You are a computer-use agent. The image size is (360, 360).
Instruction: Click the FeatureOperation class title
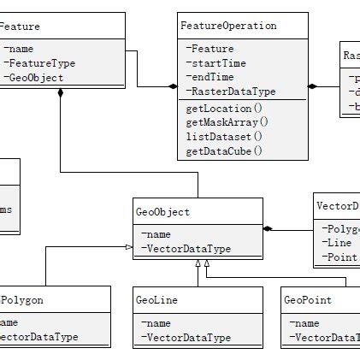[x=229, y=27]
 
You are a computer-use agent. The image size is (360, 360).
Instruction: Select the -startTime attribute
[x=215, y=63]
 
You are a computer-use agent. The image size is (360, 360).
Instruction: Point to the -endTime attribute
[x=210, y=77]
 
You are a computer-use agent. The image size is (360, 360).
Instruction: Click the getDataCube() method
[x=223, y=150]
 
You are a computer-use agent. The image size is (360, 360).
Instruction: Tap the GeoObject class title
[x=162, y=211]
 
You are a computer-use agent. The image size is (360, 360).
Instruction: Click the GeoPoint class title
[x=306, y=300]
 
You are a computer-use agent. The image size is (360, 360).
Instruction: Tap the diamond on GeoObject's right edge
[x=269, y=228]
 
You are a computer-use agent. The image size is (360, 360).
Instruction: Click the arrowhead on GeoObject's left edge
[x=130, y=246]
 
